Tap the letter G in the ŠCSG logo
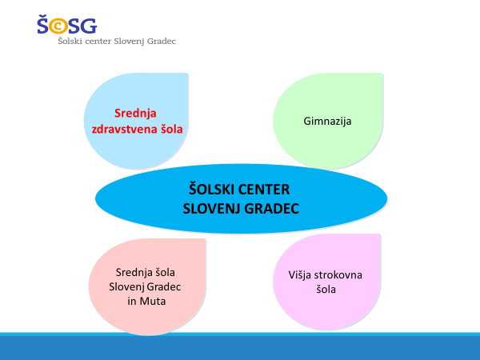tap(89, 26)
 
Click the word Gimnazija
tap(327, 122)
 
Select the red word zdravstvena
tap(125, 129)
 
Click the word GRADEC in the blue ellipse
tap(271, 209)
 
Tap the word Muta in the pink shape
tap(153, 302)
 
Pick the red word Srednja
tap(135, 114)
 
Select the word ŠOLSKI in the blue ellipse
tap(212, 189)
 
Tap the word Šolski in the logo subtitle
tap(70, 41)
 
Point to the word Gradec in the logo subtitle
tap(162, 42)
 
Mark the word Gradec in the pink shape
tap(163, 287)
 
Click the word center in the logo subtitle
tap(98, 42)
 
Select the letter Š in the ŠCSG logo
tap(43, 24)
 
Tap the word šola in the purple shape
tap(326, 290)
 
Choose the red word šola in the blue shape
tap(172, 129)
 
